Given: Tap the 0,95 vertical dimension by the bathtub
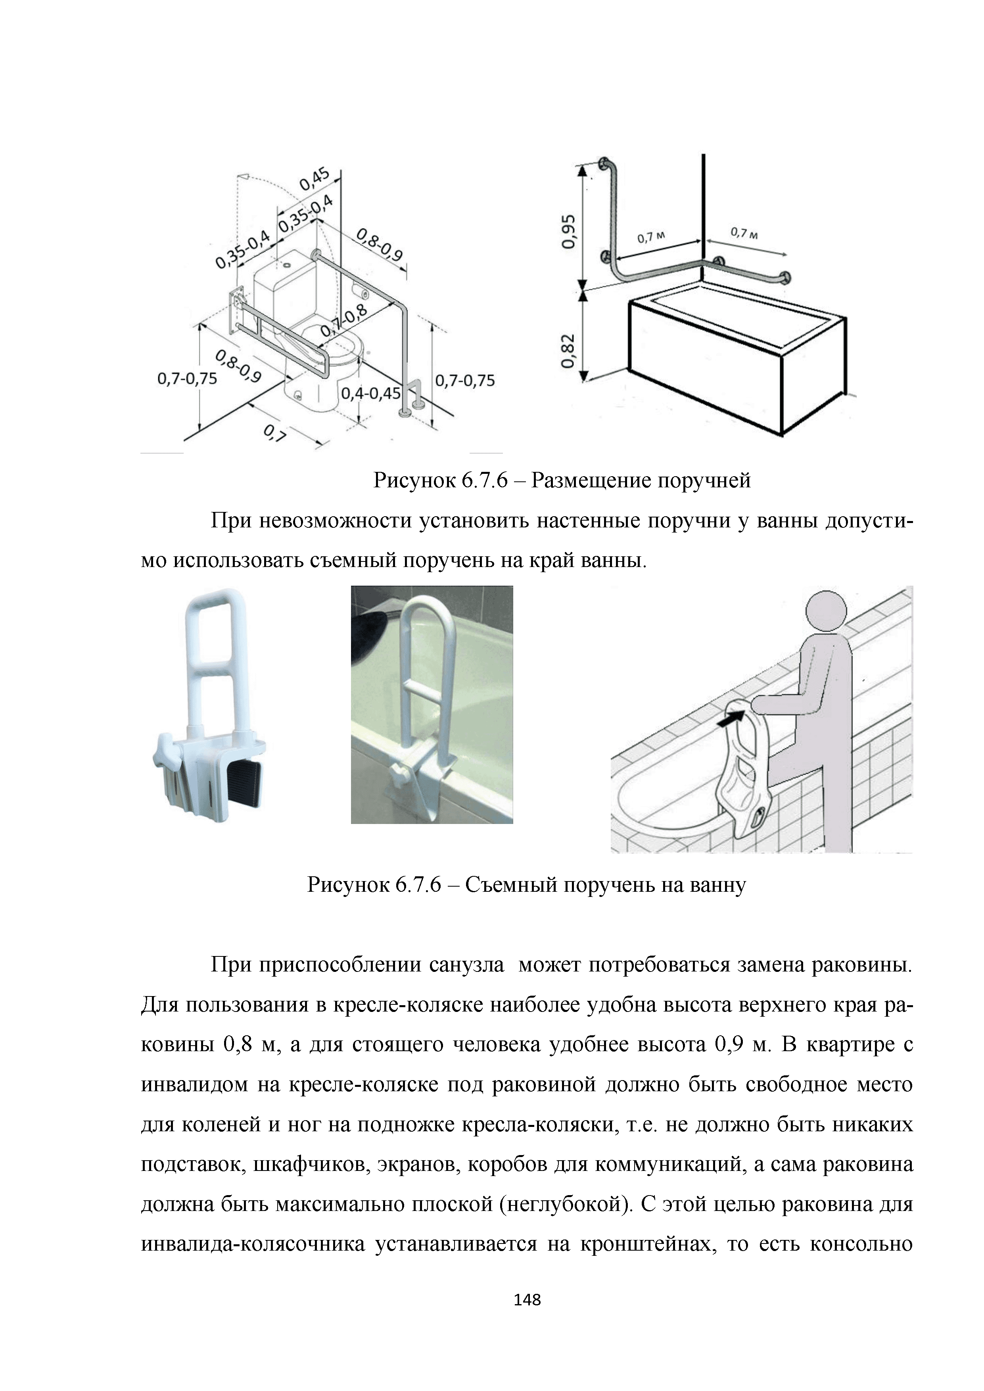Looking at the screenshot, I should tap(568, 231).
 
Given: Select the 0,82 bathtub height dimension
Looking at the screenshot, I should tap(568, 351).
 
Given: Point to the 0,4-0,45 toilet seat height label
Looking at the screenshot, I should tap(371, 394).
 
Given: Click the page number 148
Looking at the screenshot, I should tap(527, 1299).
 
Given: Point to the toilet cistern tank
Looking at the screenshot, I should tap(284, 285).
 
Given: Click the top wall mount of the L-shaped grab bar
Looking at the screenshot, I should tap(604, 164).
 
